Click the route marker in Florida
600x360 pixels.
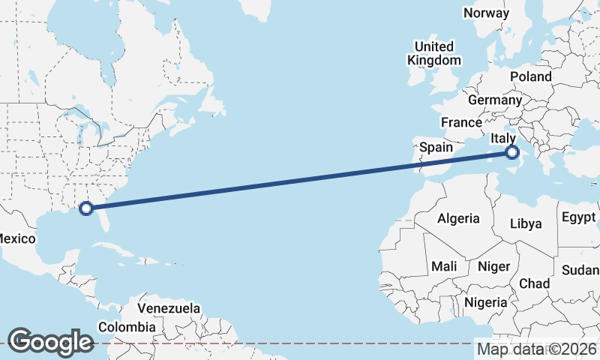86,208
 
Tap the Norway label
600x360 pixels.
486,13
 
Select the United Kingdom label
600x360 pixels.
435,53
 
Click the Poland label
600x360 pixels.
530,76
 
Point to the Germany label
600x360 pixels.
494,100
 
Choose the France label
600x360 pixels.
461,122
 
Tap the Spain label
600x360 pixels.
436,147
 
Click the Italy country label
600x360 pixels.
502,138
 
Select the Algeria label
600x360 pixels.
458,218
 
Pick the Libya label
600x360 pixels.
525,223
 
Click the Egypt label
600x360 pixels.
577,218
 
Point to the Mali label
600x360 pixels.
444,266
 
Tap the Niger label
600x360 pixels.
493,266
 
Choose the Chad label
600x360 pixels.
534,283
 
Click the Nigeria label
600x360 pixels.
487,302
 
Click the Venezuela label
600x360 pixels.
169,308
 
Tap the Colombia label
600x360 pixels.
127,327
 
